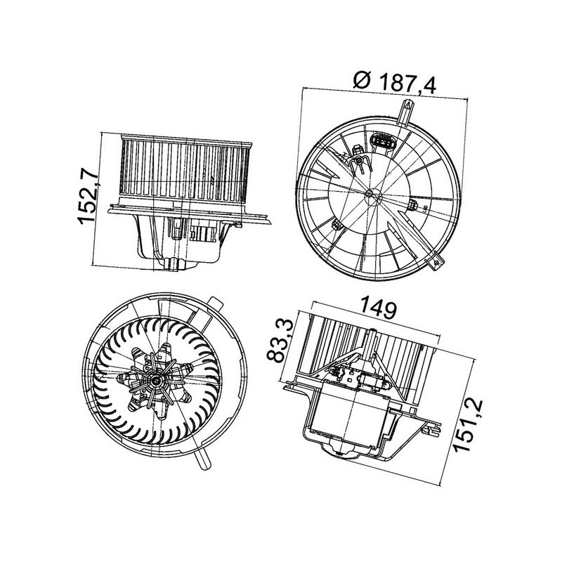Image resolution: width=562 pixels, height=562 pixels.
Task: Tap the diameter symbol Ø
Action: pyautogui.click(x=362, y=83)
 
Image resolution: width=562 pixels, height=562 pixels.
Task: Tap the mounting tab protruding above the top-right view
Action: pyautogui.click(x=406, y=111)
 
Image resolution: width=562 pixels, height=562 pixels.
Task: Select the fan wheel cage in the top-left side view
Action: pyautogui.click(x=185, y=169)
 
